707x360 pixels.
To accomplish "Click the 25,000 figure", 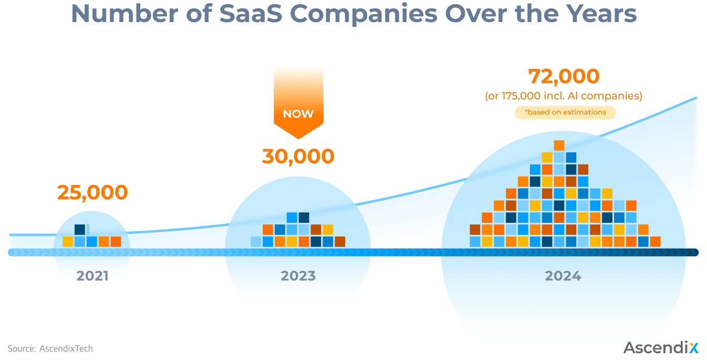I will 92,192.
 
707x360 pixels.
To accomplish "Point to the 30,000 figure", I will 298,156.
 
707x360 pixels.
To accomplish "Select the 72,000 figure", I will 564,76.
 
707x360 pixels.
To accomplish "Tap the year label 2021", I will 92,275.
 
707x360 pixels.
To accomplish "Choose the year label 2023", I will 298,275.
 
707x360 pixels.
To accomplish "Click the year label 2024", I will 563,275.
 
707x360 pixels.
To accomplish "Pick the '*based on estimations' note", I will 565,112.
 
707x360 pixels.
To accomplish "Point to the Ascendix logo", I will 661,347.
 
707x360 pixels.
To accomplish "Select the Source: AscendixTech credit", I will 50,348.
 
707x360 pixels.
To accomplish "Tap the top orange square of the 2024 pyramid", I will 559,146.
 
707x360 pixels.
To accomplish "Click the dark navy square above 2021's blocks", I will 80,230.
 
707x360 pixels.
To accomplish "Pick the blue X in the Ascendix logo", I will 694,347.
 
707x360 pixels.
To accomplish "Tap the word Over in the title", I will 467,14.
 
